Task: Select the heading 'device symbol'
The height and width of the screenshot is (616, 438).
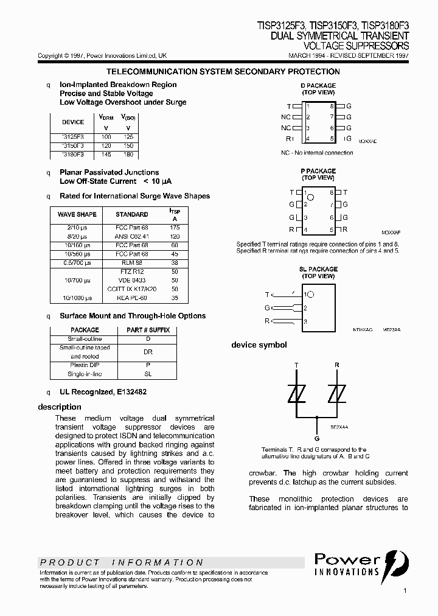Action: [259, 345]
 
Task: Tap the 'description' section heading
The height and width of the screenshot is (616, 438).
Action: [60, 407]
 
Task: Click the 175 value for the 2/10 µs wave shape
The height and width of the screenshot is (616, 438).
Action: [175, 227]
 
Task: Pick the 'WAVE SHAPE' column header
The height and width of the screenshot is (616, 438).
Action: [77, 214]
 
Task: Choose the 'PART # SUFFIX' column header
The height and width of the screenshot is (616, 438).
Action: [148, 330]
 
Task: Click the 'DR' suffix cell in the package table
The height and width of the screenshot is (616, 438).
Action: [148, 352]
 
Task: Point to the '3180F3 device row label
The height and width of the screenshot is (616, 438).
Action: [73, 156]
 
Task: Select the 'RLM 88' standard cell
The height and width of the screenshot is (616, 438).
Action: [132, 263]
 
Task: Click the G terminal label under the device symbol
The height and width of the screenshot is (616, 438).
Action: [316, 438]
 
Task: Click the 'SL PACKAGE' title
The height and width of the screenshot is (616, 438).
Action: [318, 269]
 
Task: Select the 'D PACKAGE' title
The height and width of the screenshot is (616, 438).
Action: [318, 86]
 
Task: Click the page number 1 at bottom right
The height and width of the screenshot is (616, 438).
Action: [405, 590]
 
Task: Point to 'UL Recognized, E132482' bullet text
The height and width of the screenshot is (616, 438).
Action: [103, 393]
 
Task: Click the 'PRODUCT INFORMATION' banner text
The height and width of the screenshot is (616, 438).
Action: [122, 562]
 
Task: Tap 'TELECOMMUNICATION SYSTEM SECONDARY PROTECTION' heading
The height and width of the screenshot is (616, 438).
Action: [223, 72]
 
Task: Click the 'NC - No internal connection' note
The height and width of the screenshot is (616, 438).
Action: [317, 153]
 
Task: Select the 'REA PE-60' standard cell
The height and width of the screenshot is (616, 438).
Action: [132, 298]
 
